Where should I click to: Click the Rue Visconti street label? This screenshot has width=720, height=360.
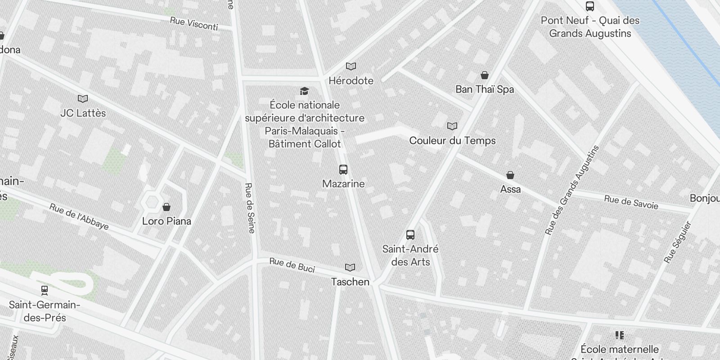pos(194,24)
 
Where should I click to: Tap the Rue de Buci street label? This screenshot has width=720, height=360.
pos(292,265)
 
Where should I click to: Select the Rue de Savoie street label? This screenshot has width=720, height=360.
pos(631,202)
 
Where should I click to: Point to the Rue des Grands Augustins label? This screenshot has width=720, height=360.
pos(572,190)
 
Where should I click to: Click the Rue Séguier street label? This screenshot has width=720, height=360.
pos(677,242)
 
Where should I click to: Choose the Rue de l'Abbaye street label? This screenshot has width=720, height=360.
pos(79,217)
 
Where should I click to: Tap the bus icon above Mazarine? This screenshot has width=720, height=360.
pos(343,170)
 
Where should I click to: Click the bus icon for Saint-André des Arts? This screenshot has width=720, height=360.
pos(410,234)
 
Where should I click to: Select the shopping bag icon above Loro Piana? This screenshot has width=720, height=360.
pos(166,207)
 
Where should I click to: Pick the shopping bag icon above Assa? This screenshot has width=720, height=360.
pos(510,175)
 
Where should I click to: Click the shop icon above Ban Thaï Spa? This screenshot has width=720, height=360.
pos(485,75)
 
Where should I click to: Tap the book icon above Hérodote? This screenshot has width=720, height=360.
pos(351,67)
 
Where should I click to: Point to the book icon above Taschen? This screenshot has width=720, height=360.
pos(350,268)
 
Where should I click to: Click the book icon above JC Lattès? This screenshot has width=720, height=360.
pos(83,99)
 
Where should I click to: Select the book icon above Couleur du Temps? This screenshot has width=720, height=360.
pos(452,126)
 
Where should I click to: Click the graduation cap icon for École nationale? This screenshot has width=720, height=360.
pos(305,91)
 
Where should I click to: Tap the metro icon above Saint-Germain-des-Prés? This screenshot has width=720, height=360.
pos(44,290)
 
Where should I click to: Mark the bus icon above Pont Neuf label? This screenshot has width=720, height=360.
pos(590,6)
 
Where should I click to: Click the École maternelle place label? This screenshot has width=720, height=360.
pos(620,349)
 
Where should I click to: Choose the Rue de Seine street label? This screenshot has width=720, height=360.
pos(250,208)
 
